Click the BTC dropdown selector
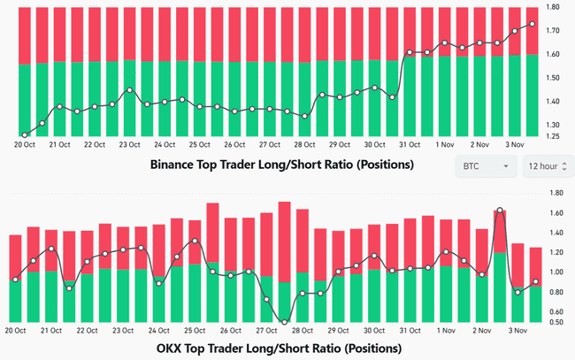(x=485, y=165)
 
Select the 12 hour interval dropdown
(x=548, y=165)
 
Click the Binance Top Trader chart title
(x=282, y=165)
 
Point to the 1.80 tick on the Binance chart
(x=553, y=8)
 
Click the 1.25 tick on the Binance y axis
(x=553, y=137)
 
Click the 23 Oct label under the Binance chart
(x=130, y=144)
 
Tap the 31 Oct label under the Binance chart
(x=409, y=144)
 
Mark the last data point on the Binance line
(x=532, y=24)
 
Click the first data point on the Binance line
(x=24, y=134)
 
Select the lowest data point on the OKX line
(x=284, y=322)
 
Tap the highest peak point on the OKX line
(x=500, y=211)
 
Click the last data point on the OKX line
(x=536, y=282)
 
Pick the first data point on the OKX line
(x=15, y=280)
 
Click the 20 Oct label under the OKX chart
(x=16, y=330)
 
